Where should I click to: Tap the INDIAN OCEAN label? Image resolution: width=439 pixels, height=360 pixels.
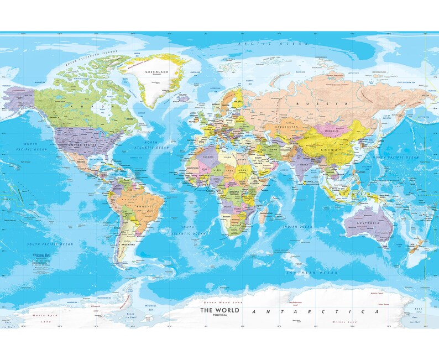point(297,227)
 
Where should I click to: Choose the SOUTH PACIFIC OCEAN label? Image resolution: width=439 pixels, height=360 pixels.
point(51,244)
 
